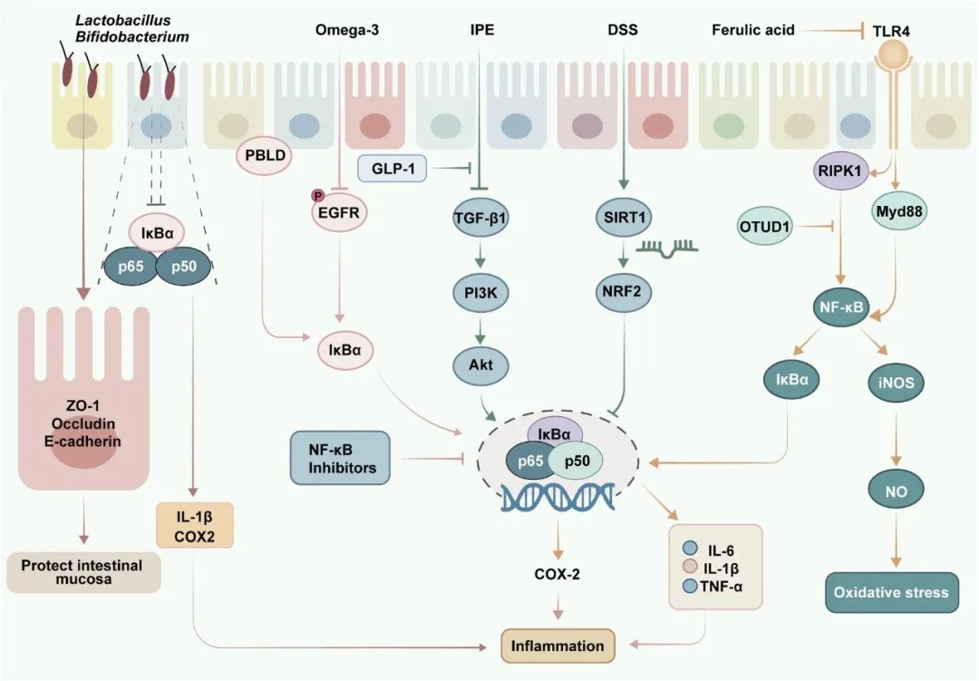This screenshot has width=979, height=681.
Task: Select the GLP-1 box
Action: pos(393,168)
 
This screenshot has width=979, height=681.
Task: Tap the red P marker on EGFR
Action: pos(317,195)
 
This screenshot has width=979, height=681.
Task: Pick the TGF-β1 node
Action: pos(480,218)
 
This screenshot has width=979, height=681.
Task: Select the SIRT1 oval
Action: pos(622,218)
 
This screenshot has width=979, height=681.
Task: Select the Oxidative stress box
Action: pos(892,593)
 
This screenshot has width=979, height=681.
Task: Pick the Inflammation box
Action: pos(557,647)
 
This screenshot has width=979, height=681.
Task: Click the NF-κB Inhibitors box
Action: pos(340,457)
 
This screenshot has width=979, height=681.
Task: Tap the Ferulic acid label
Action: pos(753,30)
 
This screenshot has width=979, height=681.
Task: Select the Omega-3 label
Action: pos(346,30)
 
